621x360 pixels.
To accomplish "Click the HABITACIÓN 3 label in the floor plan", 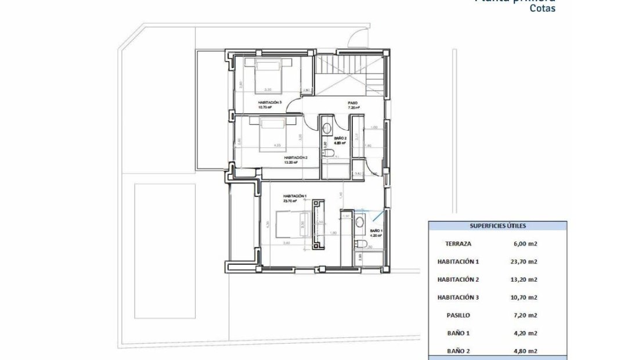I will [x=270, y=102].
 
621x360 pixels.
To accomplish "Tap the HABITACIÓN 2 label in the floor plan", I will [x=295, y=157].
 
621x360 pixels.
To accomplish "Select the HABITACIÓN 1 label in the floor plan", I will [x=295, y=196].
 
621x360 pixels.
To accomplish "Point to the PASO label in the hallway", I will [x=353, y=103].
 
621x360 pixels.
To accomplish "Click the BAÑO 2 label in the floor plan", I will [x=340, y=138].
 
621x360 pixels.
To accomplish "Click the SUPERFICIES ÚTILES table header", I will [x=497, y=226].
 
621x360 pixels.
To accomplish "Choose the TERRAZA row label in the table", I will [x=458, y=244].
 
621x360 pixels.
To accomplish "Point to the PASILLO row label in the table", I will [x=458, y=315].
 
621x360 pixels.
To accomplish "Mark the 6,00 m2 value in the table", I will [x=524, y=244].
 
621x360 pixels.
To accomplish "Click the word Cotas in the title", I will [x=542, y=9].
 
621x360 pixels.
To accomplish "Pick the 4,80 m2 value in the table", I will [x=524, y=351].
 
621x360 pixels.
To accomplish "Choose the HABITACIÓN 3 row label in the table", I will [x=458, y=297].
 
